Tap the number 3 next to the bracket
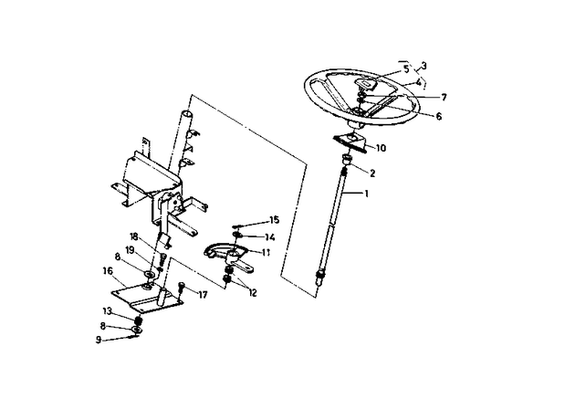(423, 66)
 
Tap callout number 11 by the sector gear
(267, 251)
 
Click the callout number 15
(273, 221)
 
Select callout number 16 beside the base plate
(107, 271)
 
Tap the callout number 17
(204, 294)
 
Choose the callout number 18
(133, 236)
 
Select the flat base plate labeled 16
(146, 299)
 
